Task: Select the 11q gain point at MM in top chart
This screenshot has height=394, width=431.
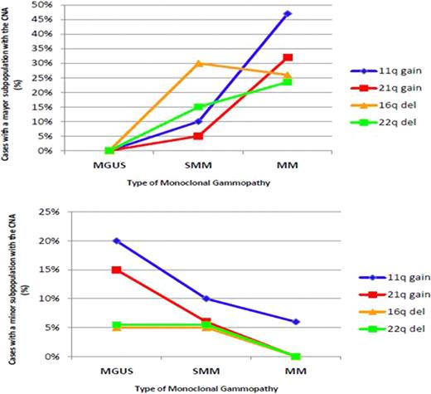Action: pos(286,14)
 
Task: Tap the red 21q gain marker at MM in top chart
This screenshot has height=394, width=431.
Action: pos(286,57)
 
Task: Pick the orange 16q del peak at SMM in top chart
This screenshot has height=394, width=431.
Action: pos(199,63)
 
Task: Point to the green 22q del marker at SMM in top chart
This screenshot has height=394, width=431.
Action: pos(199,107)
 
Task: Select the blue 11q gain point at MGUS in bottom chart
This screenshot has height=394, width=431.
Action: pos(116,241)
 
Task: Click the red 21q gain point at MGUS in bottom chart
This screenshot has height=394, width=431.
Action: pos(116,270)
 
